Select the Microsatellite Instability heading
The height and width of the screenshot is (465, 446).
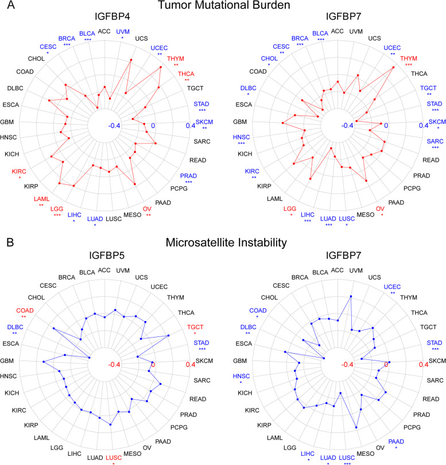click(223, 243)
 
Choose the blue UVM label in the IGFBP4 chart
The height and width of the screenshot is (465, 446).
click(122, 32)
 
